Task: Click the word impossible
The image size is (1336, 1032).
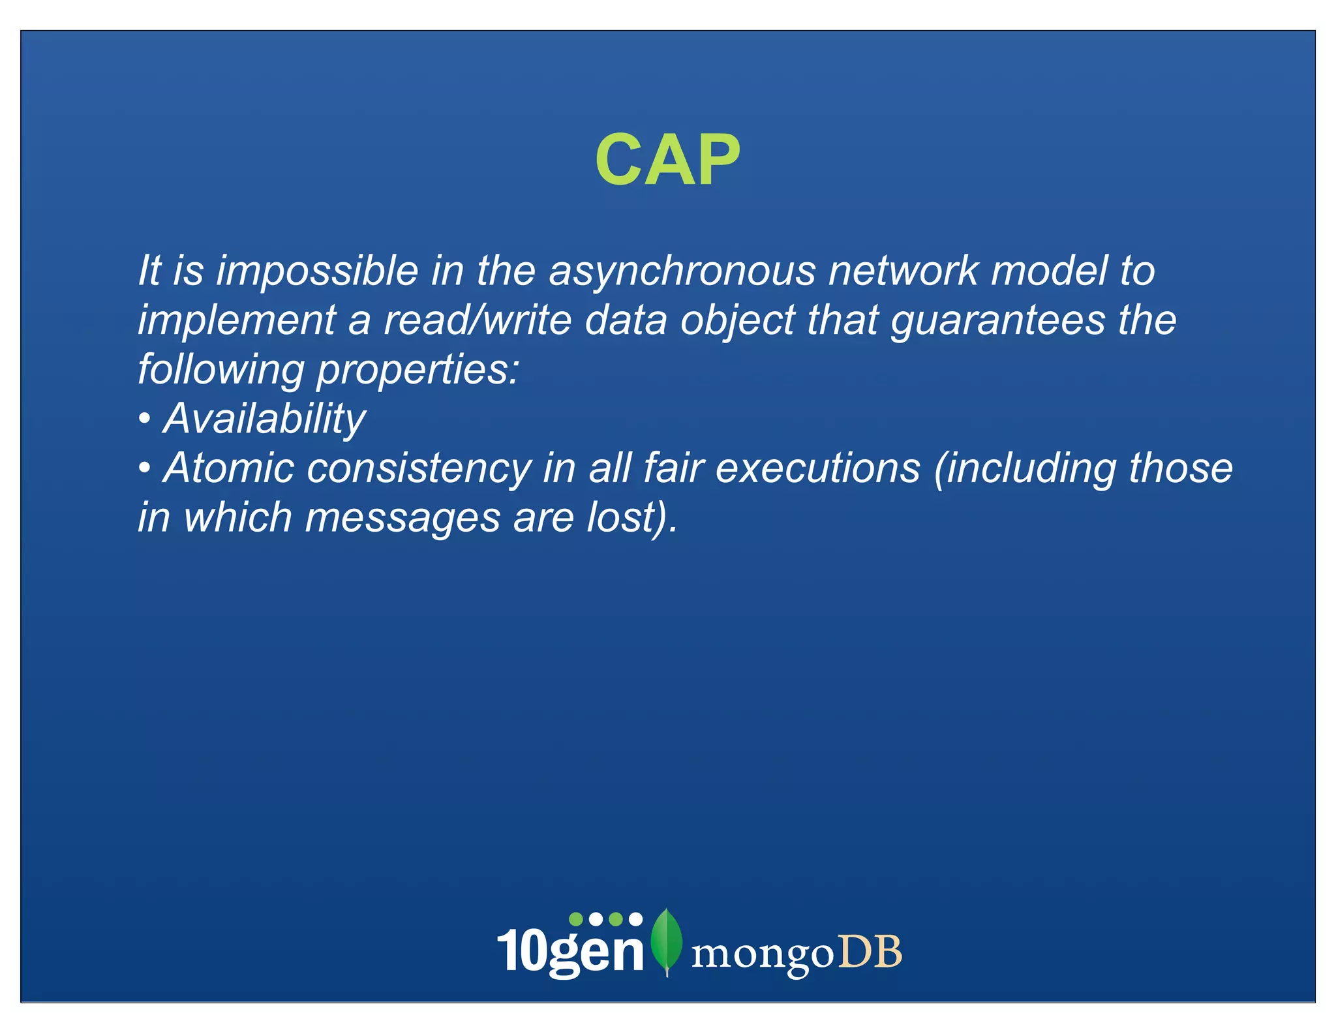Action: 317,271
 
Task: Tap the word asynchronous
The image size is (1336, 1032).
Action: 682,272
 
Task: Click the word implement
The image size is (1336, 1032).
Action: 237,321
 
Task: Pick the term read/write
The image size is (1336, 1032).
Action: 477,320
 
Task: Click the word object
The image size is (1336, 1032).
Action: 736,321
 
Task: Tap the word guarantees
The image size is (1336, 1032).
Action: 997,321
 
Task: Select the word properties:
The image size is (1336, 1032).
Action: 417,371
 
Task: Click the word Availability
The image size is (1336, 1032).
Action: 264,419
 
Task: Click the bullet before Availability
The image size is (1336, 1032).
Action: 145,419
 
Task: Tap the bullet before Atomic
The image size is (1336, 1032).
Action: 145,468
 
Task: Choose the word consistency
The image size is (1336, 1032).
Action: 419,469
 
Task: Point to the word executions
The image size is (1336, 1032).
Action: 817,468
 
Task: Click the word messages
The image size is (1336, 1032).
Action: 402,518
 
